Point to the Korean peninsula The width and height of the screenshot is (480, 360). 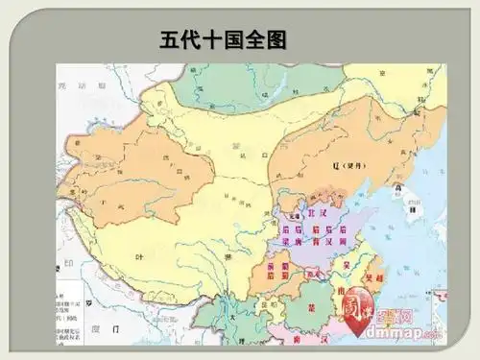click(x=411, y=204)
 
